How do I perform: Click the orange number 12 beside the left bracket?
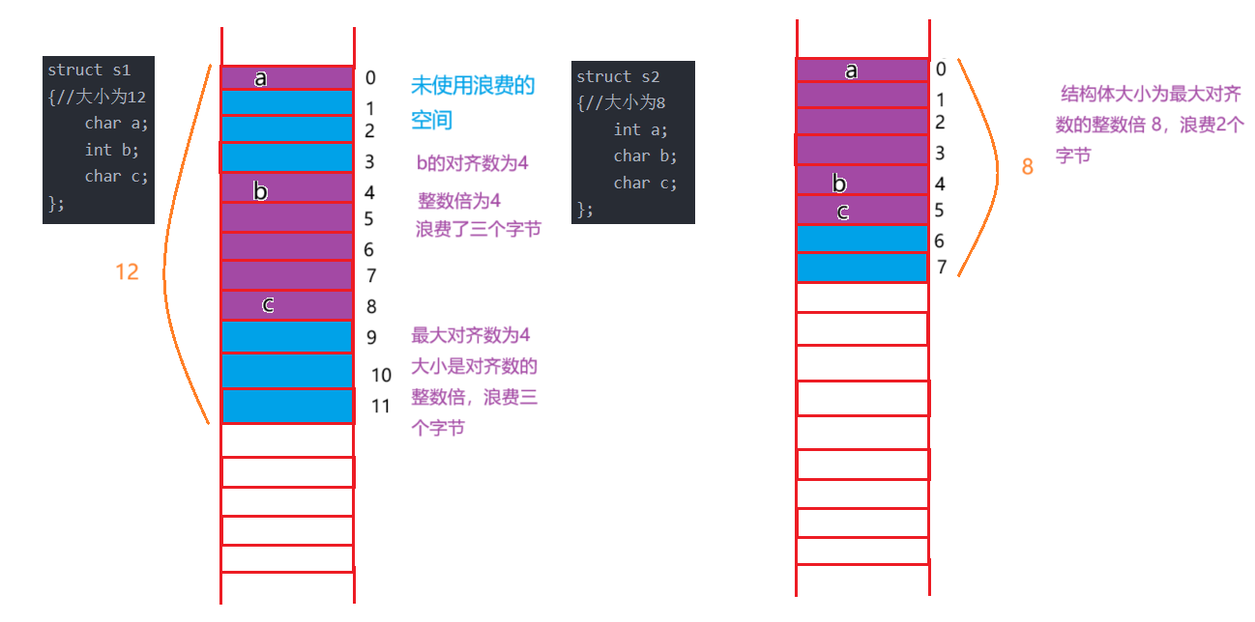[x=127, y=272]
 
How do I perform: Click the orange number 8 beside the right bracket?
[x=1027, y=167]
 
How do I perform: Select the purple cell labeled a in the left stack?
[x=286, y=77]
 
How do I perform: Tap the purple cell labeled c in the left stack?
[x=286, y=304]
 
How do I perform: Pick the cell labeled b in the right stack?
[x=861, y=182]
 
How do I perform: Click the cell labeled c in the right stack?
[x=861, y=211]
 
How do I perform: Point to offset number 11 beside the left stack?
[x=381, y=406]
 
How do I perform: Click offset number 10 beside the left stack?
[x=381, y=375]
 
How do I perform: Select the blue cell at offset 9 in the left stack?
[x=286, y=337]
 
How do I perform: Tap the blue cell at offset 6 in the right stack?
[x=861, y=239]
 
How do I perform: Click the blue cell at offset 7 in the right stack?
[x=861, y=268]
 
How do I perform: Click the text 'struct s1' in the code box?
[x=88, y=71]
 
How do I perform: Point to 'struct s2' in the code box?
[x=617, y=76]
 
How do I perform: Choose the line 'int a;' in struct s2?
[x=640, y=129]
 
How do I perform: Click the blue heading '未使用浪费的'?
[x=473, y=85]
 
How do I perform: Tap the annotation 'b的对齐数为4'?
[x=473, y=162]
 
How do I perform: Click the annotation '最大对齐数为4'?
[x=471, y=335]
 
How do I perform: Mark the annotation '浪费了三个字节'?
[x=479, y=229]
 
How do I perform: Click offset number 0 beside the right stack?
[x=941, y=69]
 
